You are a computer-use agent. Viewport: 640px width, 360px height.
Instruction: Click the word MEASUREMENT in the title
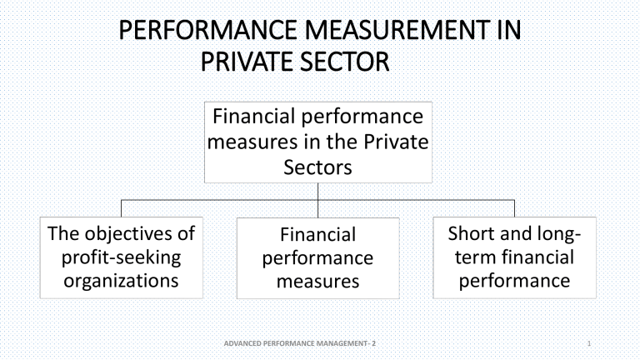tap(397, 30)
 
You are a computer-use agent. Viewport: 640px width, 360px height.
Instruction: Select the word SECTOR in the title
tap(344, 62)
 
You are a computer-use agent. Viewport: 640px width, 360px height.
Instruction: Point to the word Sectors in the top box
tap(317, 167)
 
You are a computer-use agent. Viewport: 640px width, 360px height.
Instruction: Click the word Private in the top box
tap(396, 142)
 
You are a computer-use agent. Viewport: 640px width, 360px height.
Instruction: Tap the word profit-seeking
tap(121, 258)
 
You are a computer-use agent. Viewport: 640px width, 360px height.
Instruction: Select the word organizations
tap(121, 281)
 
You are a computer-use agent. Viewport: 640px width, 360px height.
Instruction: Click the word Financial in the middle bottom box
tap(317, 235)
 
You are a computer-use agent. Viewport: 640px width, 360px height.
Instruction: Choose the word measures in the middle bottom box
tap(317, 282)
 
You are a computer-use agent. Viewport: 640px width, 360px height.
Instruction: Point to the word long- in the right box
tap(559, 234)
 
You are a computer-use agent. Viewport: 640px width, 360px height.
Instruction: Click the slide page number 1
tap(589, 343)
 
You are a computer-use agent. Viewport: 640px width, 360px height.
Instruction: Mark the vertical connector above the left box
tap(121, 208)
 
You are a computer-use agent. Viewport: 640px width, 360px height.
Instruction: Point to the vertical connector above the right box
tap(514, 208)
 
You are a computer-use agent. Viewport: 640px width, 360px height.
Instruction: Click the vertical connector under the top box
tap(318, 200)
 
